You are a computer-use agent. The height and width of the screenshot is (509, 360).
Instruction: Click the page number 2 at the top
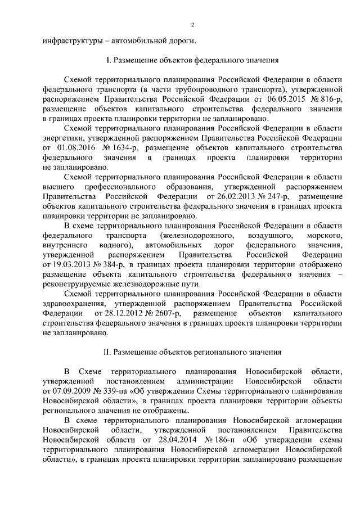click(x=192, y=25)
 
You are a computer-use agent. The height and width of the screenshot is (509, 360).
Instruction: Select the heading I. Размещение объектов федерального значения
click(x=191, y=60)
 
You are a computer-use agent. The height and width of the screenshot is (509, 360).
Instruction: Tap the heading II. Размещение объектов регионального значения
click(x=191, y=353)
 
